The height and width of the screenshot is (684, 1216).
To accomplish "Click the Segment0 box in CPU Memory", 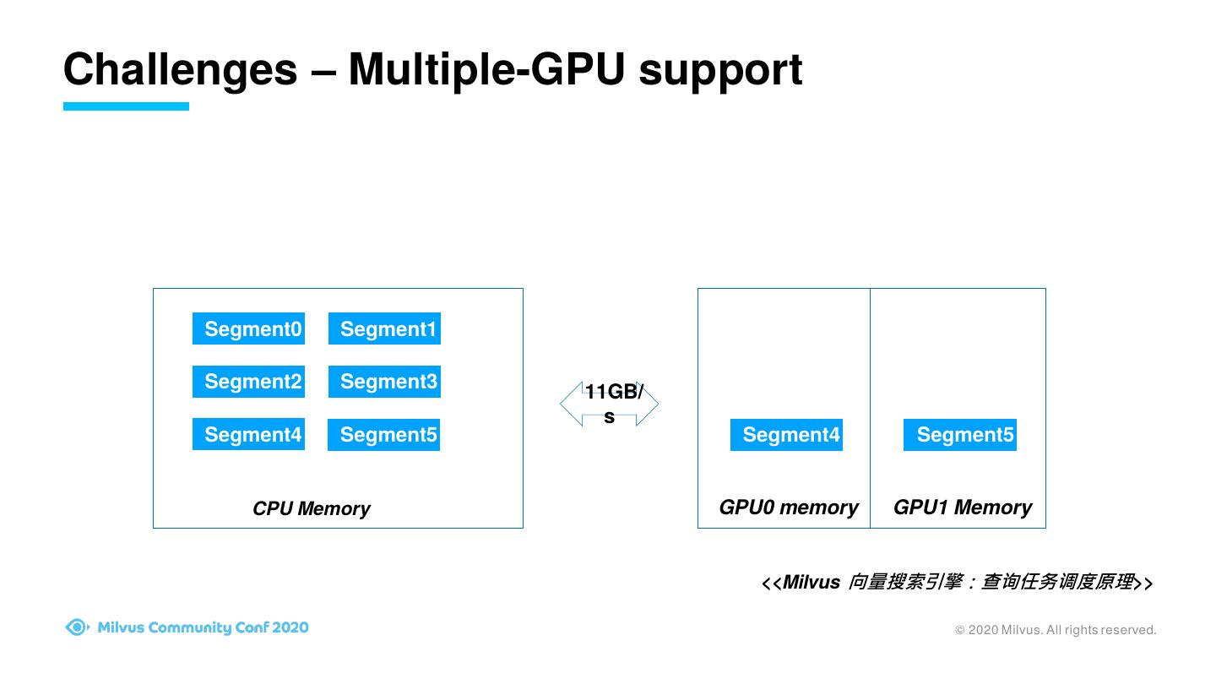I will click(x=248, y=328).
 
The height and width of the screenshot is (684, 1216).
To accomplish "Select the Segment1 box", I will click(x=384, y=328).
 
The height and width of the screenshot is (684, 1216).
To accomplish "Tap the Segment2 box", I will click(x=248, y=382).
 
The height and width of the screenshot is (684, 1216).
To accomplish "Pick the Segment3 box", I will click(x=384, y=382).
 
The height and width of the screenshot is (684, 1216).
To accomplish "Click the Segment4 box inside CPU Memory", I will click(x=248, y=434).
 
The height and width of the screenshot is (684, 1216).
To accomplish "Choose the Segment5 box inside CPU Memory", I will click(x=384, y=435).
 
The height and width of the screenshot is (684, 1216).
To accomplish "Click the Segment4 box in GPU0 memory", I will click(x=786, y=435).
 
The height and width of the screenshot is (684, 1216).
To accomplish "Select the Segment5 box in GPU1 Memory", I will click(x=960, y=435).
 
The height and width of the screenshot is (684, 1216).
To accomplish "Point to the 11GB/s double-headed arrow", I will click(x=610, y=404).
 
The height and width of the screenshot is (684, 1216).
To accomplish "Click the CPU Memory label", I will click(x=311, y=508).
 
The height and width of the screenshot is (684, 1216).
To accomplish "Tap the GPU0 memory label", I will click(x=788, y=508).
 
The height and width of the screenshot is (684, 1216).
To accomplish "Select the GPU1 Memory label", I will click(x=963, y=508).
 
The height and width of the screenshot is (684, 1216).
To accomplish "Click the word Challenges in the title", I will click(x=180, y=69).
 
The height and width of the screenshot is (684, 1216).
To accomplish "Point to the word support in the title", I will click(x=720, y=71).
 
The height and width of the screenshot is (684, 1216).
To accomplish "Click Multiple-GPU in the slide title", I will click(x=486, y=69).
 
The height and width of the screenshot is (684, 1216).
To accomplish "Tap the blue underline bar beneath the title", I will click(x=126, y=106).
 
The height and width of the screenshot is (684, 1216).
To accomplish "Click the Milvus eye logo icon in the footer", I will click(x=77, y=627).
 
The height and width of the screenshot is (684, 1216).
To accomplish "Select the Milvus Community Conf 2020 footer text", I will click(x=203, y=627).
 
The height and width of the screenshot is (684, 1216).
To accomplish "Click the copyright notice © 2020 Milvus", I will click(x=1056, y=630).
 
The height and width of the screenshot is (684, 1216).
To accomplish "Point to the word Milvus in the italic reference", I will click(x=811, y=582).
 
